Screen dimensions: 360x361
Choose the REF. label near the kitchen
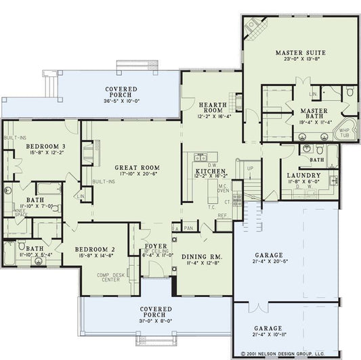tap(221, 215)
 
